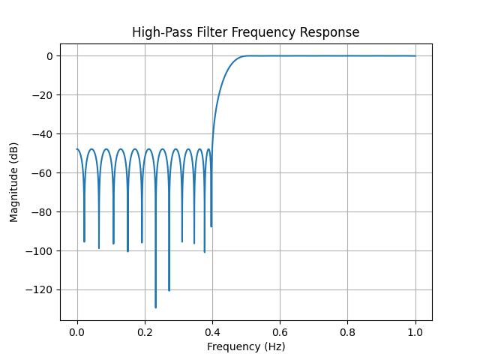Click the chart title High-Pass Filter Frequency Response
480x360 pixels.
click(246, 32)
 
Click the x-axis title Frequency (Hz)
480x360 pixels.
click(246, 346)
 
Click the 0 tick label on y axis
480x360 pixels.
click(49, 56)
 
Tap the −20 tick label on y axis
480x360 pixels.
click(42, 95)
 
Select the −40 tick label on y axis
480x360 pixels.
click(42, 134)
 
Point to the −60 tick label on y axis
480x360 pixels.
click(42, 173)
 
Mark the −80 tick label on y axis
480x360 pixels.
click(42, 212)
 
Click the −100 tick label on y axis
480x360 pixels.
click(40, 251)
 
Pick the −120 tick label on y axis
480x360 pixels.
click(40, 290)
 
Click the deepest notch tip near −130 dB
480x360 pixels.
click(155, 307)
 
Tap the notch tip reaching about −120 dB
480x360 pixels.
click(169, 290)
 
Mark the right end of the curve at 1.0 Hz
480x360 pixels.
click(415, 56)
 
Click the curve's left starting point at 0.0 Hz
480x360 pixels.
click(77, 149)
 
